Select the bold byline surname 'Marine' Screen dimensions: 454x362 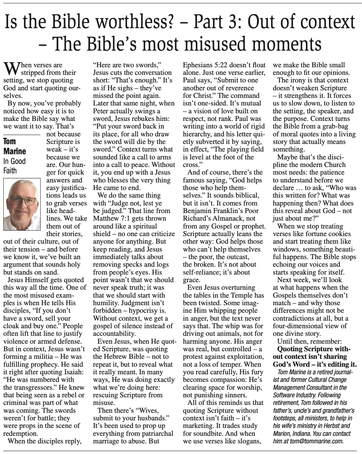point(15,151)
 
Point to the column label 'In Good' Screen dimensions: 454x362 point(14,161)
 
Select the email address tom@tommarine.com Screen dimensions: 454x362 point(315,441)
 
